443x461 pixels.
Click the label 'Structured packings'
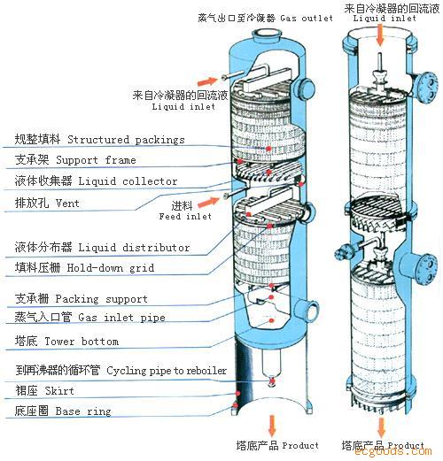coord(126,140)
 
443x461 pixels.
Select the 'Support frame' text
coord(96,161)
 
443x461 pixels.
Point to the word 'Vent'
coord(67,203)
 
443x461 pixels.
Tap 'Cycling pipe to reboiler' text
coord(167,371)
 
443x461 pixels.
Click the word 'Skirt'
coord(70,391)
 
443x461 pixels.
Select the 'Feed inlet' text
coord(185,216)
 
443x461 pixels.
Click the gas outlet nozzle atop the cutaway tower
coord(266,38)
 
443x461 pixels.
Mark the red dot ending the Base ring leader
coord(235,407)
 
